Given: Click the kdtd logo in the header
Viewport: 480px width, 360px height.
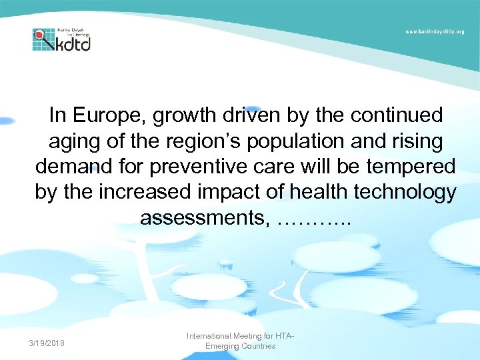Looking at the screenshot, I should (61, 40).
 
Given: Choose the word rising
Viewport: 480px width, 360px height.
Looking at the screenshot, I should (417, 141).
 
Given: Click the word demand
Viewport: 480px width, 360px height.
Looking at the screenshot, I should (74, 167).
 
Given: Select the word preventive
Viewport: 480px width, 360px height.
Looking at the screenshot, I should (208, 167).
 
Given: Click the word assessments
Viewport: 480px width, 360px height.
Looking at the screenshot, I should (204, 217).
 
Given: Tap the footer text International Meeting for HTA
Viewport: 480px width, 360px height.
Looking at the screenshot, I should (240, 336).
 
